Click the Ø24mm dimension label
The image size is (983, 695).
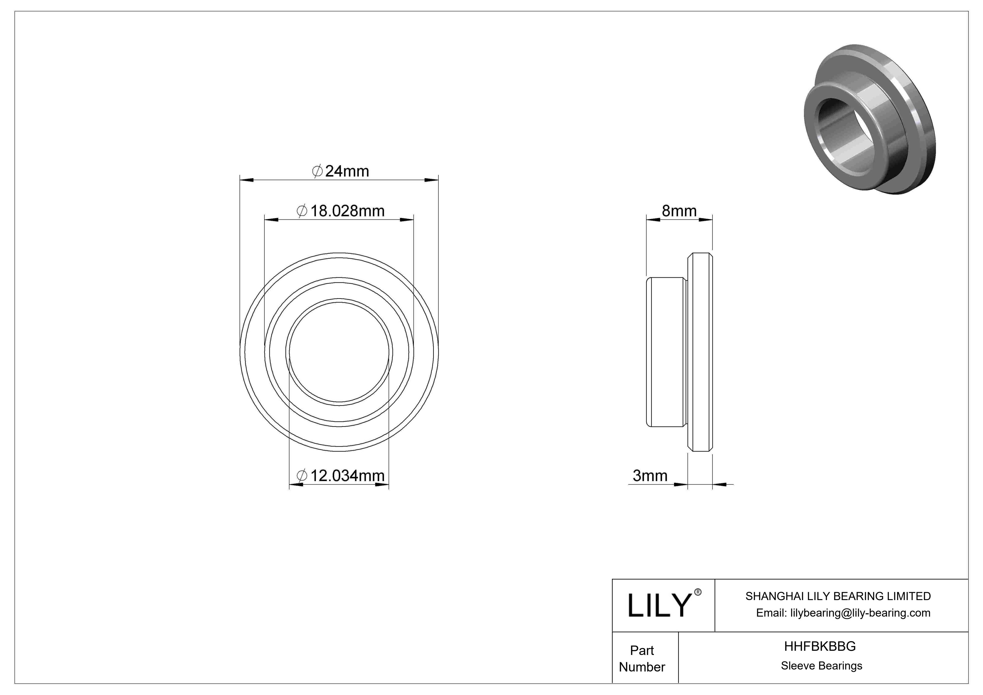(341, 171)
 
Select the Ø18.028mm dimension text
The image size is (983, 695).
(341, 211)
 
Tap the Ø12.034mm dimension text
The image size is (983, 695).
(341, 475)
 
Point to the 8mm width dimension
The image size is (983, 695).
(679, 211)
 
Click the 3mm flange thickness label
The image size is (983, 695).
(650, 475)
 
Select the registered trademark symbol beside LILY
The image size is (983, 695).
(698, 592)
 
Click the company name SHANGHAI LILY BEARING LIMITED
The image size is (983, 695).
(838, 596)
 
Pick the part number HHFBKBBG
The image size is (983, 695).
(820, 646)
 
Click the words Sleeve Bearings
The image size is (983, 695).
(821, 666)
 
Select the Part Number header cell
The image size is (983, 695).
(642, 659)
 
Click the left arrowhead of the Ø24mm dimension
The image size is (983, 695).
(246, 180)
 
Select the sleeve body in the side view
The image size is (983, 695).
(666, 352)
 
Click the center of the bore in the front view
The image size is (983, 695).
(339, 352)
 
